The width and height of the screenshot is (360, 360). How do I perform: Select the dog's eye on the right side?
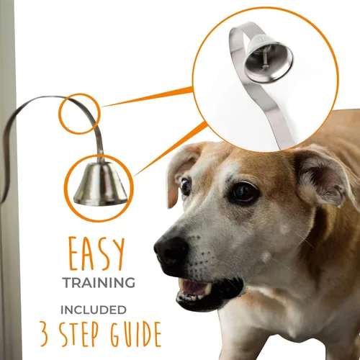[x=243, y=192]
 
